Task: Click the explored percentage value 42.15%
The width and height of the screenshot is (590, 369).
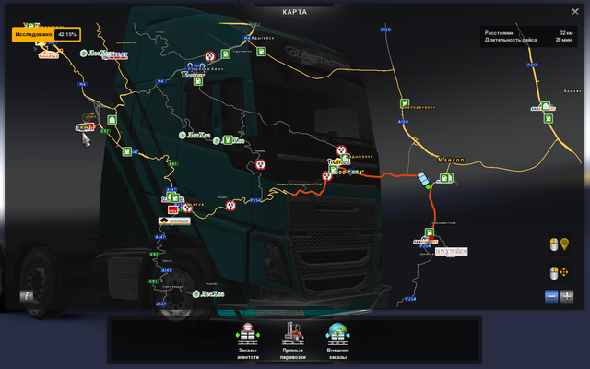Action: pos(66,34)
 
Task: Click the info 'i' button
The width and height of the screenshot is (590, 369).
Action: pos(27,296)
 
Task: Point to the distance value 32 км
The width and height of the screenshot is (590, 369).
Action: pos(565,33)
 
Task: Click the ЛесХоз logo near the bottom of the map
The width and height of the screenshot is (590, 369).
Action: pos(207,294)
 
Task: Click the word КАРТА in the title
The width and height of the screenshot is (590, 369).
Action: pos(295,12)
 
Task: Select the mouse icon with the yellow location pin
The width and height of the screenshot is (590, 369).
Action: pos(558,244)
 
